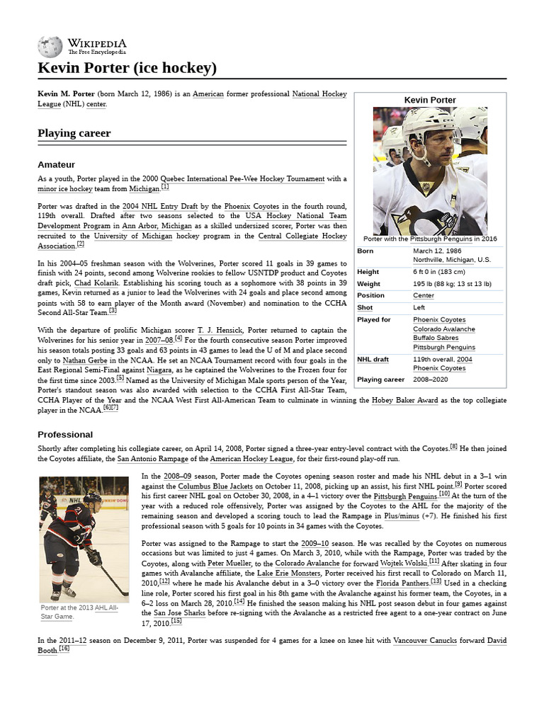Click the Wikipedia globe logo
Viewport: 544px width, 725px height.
click(50, 47)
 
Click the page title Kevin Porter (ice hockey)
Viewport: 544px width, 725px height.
click(127, 69)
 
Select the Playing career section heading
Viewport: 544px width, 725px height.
click(74, 133)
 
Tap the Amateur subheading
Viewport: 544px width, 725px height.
click(56, 165)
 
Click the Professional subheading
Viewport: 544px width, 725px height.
click(65, 434)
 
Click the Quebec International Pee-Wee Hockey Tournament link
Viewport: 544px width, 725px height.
click(242, 178)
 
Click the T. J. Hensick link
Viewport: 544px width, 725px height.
click(220, 330)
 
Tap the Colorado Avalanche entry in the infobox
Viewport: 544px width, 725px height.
click(444, 329)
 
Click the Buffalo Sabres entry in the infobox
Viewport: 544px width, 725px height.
click(436, 338)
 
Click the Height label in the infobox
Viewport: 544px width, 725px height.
click(368, 272)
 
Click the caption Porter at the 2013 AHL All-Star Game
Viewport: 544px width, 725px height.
click(79, 612)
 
